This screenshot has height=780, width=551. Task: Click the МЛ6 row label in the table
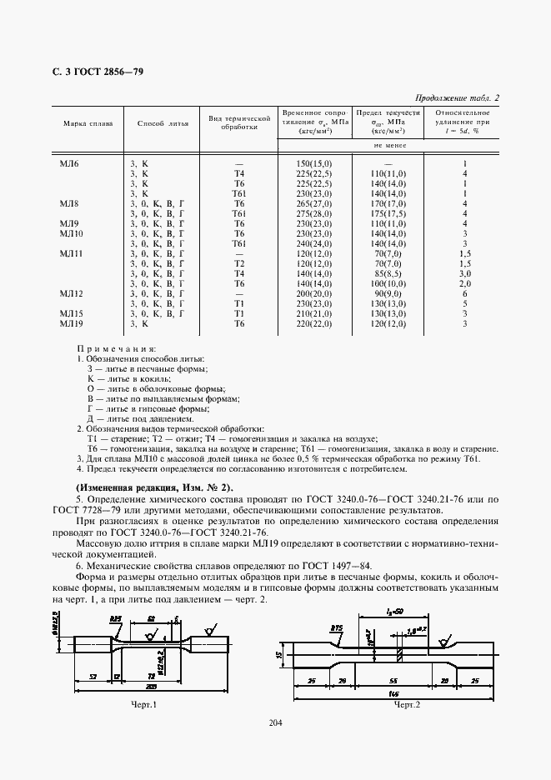tap(69, 164)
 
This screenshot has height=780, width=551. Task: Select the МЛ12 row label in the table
tap(72, 294)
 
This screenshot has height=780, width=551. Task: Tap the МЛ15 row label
tap(72, 313)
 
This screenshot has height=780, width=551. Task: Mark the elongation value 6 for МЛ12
tap(465, 294)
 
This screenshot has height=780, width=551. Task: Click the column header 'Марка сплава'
tap(84, 123)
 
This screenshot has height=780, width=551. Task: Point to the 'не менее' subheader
tap(388, 144)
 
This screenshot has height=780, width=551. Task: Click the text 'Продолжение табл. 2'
tap(457, 98)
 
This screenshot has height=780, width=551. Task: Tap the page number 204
tap(276, 722)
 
